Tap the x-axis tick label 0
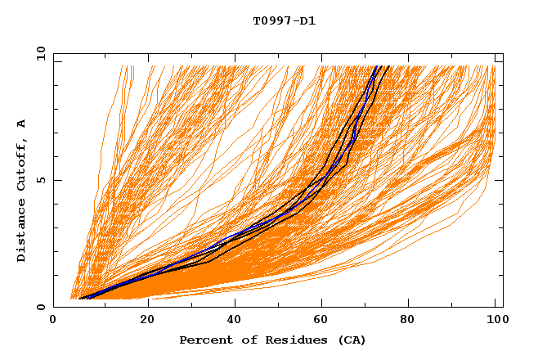point(53,321)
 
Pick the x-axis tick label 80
point(410,321)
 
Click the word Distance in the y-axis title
point(22,234)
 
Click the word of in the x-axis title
point(244,340)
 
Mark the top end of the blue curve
point(377,67)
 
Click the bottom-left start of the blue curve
point(79,299)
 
